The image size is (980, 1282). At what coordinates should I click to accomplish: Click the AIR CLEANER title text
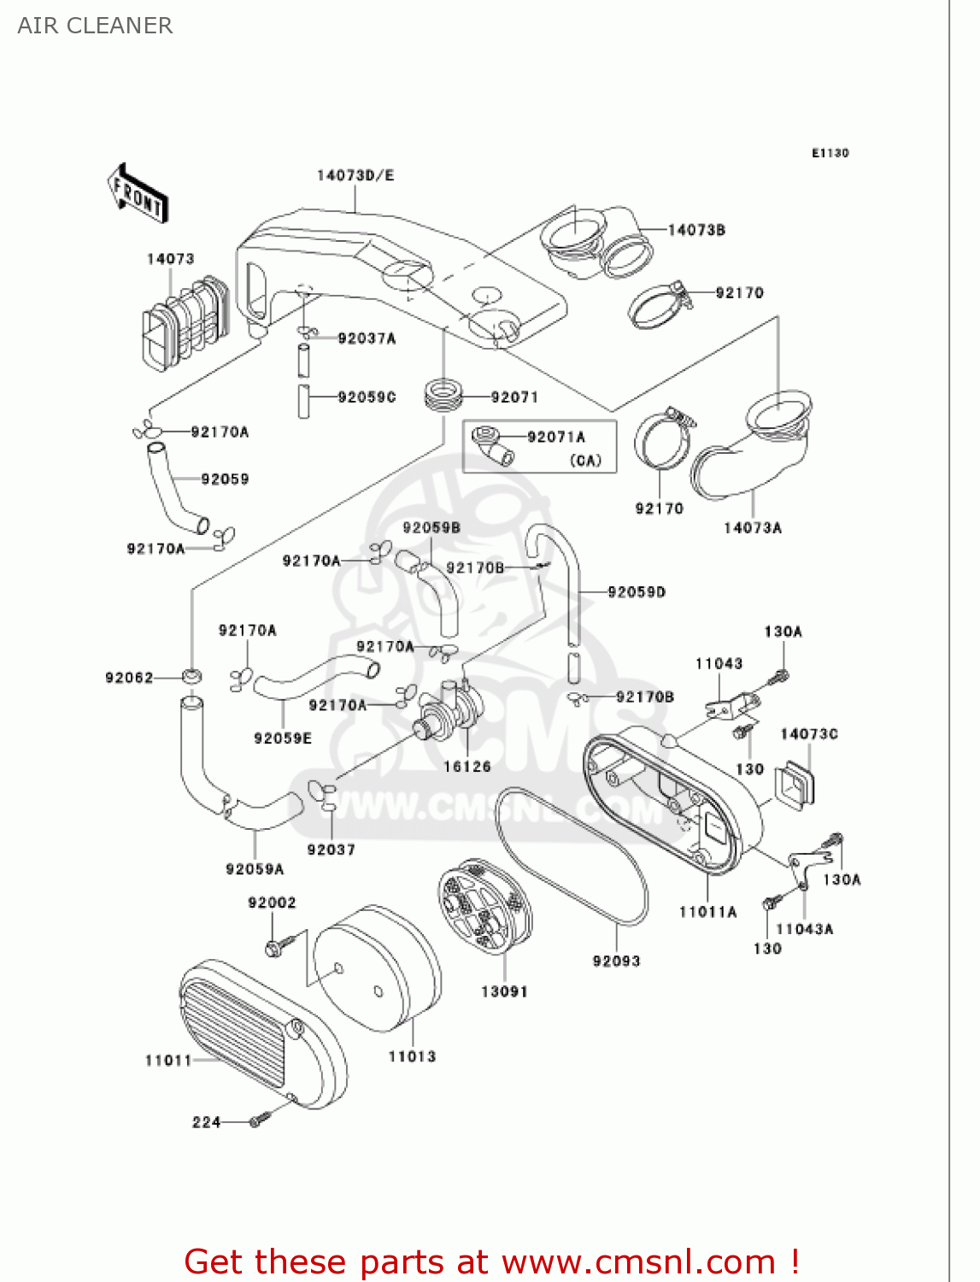pos(95,26)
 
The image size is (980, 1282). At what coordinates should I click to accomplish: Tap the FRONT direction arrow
pos(138,195)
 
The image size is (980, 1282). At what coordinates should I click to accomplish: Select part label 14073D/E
pos(355,175)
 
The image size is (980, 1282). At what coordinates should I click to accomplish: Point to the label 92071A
pos(556,437)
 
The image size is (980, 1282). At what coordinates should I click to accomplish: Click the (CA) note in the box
pos(586,461)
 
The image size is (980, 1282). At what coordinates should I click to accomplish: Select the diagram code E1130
pos(830,153)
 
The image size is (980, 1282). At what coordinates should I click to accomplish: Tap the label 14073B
pos(696,229)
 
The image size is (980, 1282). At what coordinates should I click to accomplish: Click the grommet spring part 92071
pos(443,395)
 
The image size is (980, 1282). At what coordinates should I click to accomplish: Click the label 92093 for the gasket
pos(616,961)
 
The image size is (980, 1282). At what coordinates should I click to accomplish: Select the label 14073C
pos(808,734)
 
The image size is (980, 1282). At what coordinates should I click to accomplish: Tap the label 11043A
pos(804,929)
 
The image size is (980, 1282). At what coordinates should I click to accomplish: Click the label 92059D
pos(637,591)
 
